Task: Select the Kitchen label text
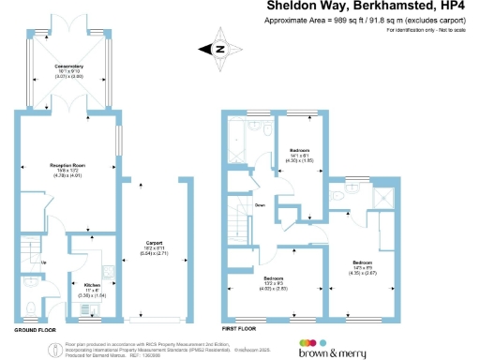coord(92,283)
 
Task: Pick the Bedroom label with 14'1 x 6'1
coord(299,151)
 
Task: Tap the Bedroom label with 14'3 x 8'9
coord(363,262)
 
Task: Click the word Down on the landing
coord(260,204)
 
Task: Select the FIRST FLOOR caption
coord(242,330)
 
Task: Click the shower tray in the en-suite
coord(383,199)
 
